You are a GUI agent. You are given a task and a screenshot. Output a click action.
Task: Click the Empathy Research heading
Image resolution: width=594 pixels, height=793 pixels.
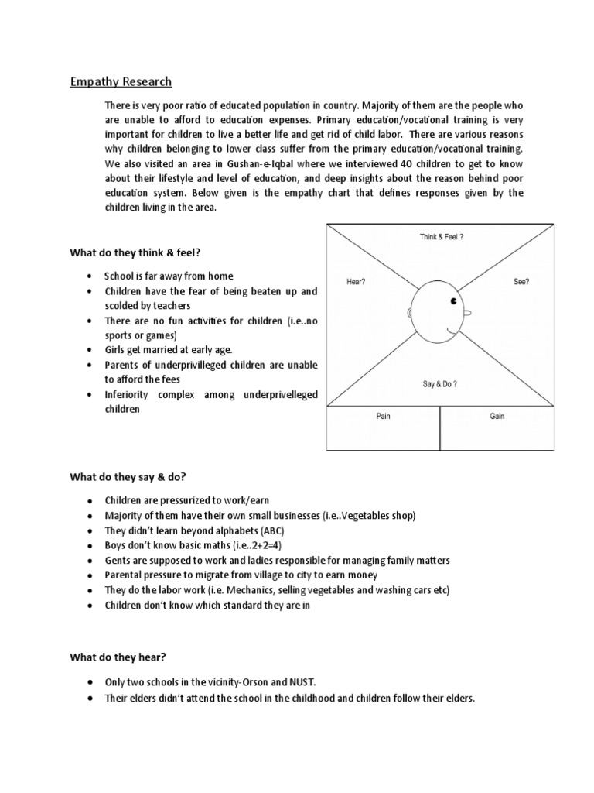click(121, 81)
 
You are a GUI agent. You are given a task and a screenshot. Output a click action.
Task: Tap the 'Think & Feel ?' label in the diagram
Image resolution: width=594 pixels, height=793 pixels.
click(442, 237)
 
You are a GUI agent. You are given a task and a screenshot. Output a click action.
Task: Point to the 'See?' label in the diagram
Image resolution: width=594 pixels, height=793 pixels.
click(521, 282)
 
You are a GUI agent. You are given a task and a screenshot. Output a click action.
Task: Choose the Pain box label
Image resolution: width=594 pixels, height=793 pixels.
click(383, 416)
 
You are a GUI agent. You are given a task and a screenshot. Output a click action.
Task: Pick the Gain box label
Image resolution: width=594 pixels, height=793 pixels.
click(497, 416)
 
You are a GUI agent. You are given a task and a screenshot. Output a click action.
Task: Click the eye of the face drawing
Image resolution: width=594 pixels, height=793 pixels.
click(454, 300)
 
